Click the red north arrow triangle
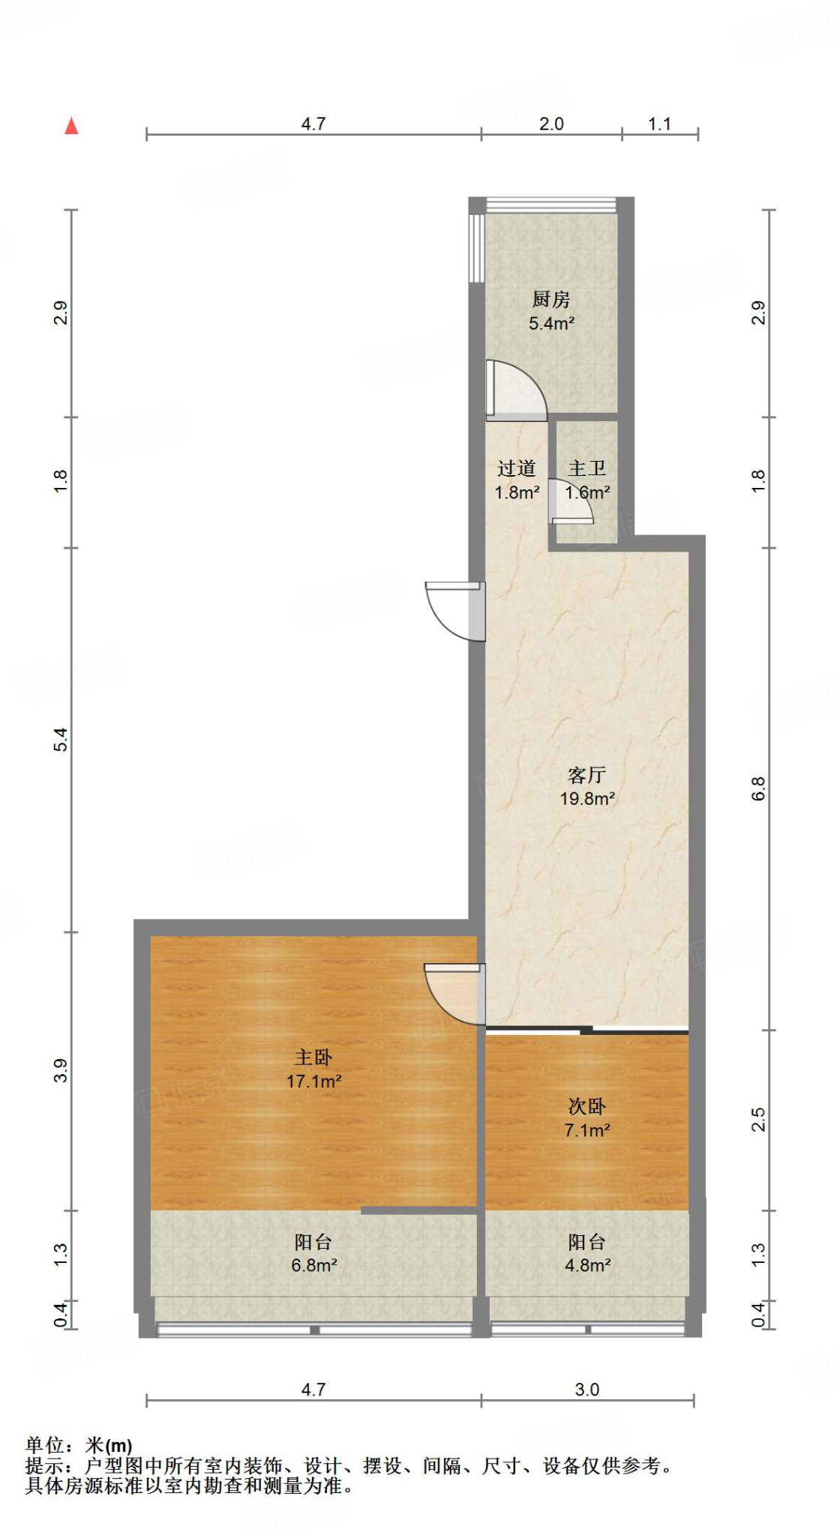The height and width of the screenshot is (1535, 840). coord(71,126)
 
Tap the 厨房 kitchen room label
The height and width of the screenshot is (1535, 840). coord(551,300)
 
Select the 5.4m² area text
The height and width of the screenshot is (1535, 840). coord(551,324)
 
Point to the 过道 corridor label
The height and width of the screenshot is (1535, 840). coord(517,468)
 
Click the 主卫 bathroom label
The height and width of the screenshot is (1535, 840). coord(586,468)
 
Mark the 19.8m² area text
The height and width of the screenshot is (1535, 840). coord(587,798)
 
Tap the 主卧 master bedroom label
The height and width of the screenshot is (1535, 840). coord(313,1057)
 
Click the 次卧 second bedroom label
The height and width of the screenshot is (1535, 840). coord(586,1106)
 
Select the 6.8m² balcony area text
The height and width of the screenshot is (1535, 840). coord(313,1265)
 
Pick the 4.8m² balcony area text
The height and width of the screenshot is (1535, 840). coord(587,1265)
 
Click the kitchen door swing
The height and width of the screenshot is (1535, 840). coord(516,388)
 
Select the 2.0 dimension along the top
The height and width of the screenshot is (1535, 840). coord(551,124)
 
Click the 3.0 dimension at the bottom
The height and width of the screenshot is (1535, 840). coord(586,1390)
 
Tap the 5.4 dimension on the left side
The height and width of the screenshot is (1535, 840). coord(61,740)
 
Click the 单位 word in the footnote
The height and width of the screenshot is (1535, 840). coord(44,1445)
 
